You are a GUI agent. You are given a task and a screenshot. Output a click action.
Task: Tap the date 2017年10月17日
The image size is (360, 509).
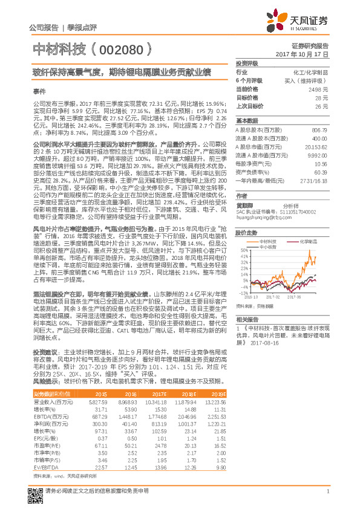[x=309, y=54]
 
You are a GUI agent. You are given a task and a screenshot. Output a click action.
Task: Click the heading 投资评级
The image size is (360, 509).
[x=246, y=63]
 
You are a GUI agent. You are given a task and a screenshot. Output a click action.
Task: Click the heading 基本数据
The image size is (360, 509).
[x=246, y=120]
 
